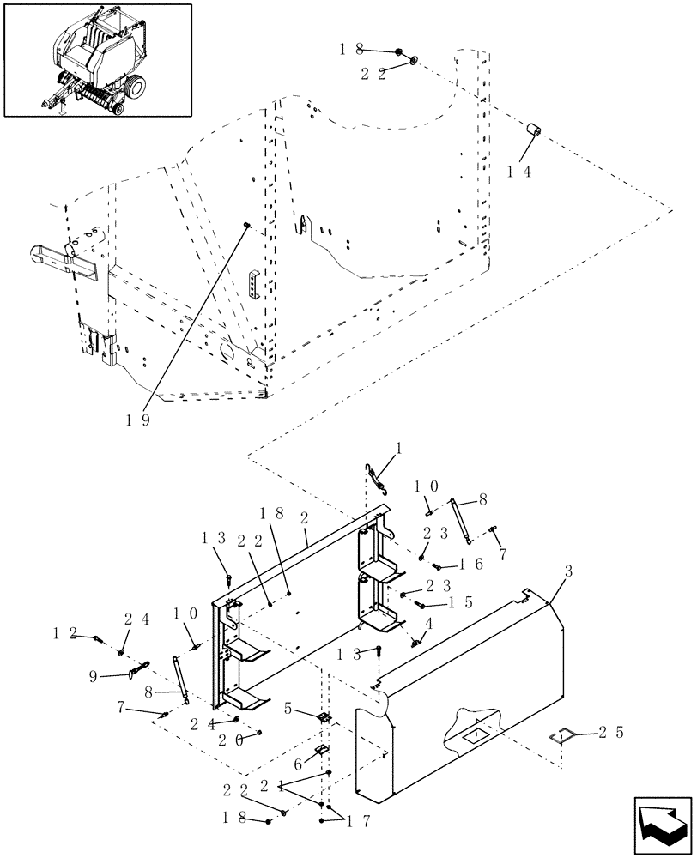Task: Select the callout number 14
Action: (x=518, y=171)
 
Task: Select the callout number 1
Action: (x=397, y=448)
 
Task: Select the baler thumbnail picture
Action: (x=97, y=60)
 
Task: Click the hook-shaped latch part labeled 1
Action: (x=378, y=478)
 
